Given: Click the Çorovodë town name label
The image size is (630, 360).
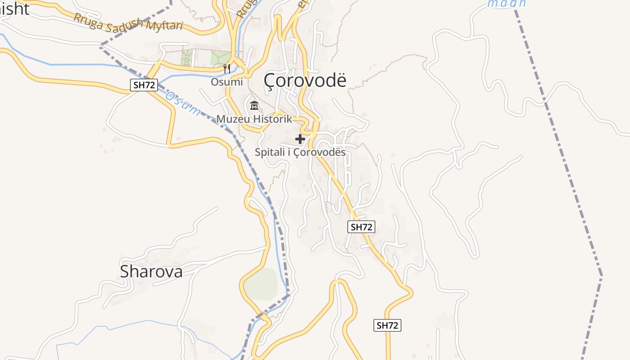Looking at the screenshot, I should (305, 80).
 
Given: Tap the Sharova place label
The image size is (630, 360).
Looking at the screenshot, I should (151, 271).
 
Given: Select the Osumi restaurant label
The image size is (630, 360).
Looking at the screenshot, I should (227, 82).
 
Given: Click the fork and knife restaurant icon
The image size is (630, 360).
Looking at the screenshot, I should (227, 69).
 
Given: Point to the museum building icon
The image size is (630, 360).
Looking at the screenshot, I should (254, 106).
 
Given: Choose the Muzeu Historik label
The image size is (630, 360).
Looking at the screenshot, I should (254, 119).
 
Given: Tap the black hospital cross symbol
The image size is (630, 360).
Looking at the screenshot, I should (300, 139).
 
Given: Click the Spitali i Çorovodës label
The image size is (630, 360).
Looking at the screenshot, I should (300, 152).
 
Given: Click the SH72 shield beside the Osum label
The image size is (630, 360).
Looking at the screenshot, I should (144, 85).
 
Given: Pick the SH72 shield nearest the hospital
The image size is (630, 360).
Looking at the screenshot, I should (361, 227).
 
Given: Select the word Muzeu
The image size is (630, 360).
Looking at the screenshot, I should (232, 119).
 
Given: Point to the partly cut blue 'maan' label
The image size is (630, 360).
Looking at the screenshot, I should (507, 4).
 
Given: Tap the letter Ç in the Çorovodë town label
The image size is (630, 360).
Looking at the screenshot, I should (269, 81).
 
